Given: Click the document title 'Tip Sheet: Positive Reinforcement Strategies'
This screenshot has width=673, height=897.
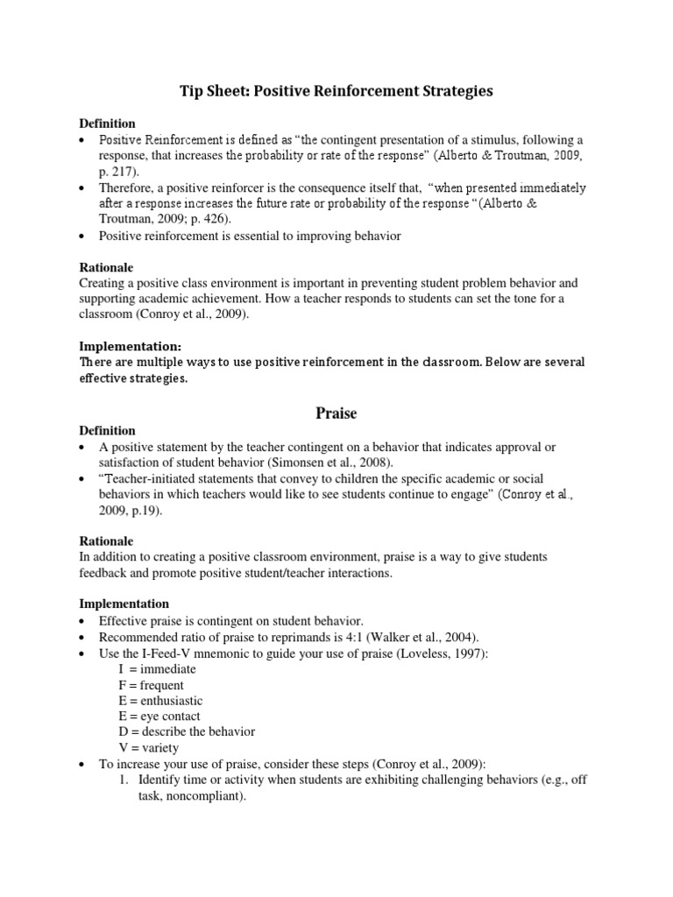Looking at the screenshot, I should (336, 91).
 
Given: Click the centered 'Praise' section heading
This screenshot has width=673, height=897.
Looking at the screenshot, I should (336, 411).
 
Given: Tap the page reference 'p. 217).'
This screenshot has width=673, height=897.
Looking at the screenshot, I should (119, 173).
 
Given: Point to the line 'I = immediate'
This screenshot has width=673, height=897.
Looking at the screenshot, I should (157, 668).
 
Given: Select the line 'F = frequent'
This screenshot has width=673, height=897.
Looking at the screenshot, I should (152, 684).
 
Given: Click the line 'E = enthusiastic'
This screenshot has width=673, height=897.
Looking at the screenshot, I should (160, 700).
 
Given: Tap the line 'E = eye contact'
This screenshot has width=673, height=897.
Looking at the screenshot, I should (159, 716).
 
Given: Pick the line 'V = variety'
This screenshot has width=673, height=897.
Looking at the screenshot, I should (149, 747).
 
